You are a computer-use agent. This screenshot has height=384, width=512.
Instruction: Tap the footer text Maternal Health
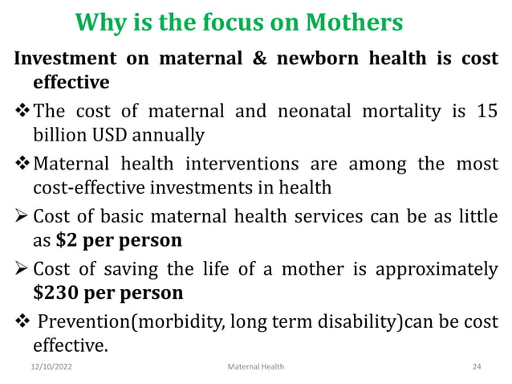click(x=256, y=366)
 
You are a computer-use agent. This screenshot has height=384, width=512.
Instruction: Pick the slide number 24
click(x=477, y=366)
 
